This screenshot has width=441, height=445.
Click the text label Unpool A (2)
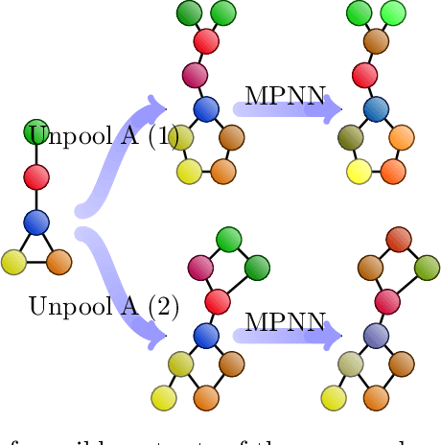(x=104, y=307)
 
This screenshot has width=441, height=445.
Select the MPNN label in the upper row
(x=285, y=96)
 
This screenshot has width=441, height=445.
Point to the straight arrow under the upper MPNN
(x=288, y=109)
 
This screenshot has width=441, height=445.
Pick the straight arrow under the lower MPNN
(x=288, y=336)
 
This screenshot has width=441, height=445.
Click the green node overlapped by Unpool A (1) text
(x=36, y=132)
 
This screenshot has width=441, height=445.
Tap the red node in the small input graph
(x=36, y=177)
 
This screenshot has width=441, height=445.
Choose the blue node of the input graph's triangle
(x=36, y=222)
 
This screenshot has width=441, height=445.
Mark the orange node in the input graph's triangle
(x=59, y=261)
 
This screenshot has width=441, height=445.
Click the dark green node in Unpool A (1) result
(x=190, y=13)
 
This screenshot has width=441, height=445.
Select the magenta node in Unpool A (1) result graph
(x=196, y=75)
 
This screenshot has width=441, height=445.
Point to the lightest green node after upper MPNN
(x=391, y=13)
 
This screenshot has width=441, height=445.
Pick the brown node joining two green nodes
(x=376, y=42)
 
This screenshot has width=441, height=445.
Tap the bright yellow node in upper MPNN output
(x=359, y=173)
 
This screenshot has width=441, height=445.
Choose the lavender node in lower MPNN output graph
(x=376, y=335)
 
